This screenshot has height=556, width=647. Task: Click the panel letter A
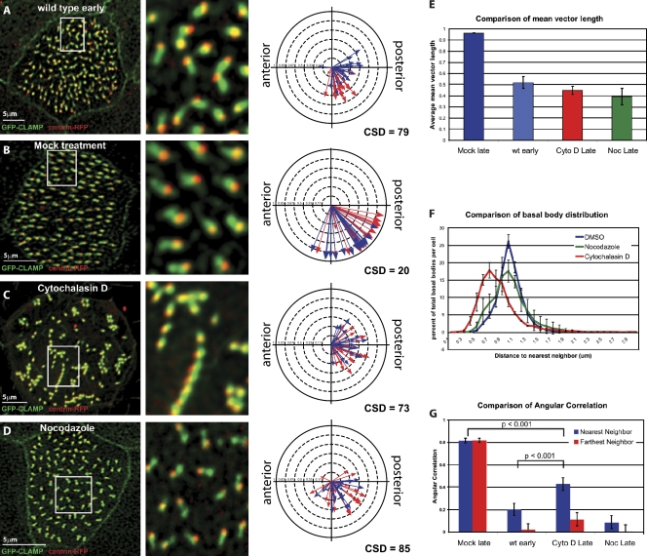[x=9, y=8]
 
